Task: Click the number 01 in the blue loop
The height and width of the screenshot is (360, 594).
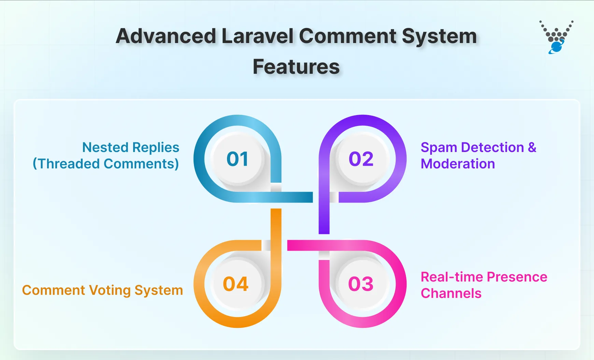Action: click(x=237, y=159)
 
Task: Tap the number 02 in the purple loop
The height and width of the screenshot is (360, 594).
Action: click(x=361, y=159)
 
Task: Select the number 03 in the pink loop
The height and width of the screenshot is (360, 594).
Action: click(x=361, y=284)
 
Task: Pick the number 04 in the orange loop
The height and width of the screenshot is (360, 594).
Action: click(x=236, y=284)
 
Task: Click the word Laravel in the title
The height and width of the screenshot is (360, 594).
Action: click(x=257, y=36)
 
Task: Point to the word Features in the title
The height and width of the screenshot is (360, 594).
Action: click(x=296, y=67)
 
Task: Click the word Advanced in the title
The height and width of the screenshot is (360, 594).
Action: click(x=166, y=36)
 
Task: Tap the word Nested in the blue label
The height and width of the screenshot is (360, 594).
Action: click(x=105, y=148)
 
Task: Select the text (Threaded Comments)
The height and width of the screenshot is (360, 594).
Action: click(x=106, y=164)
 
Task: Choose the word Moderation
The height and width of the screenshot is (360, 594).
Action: click(x=458, y=164)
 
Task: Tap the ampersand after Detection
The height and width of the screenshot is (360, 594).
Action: click(x=532, y=148)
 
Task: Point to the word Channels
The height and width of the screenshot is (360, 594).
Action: click(x=451, y=293)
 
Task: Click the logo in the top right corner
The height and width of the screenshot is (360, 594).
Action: click(x=556, y=37)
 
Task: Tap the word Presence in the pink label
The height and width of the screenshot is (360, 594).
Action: click(x=517, y=277)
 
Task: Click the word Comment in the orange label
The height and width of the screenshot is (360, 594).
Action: click(x=54, y=290)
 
